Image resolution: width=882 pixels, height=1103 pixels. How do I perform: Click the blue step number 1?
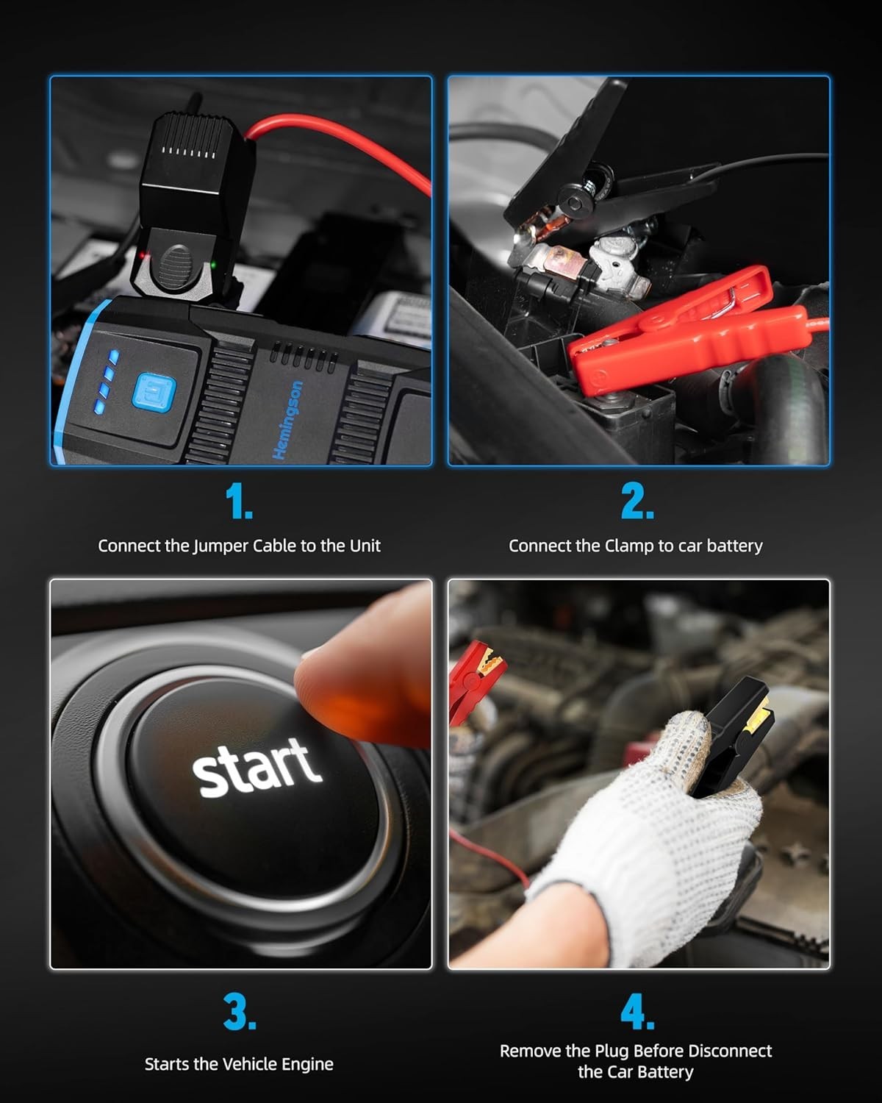[239, 503]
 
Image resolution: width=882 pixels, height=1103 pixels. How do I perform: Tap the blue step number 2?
[637, 503]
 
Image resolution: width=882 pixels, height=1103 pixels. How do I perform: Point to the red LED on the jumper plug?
[143, 255]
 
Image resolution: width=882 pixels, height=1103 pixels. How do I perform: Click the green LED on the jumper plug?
[212, 265]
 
